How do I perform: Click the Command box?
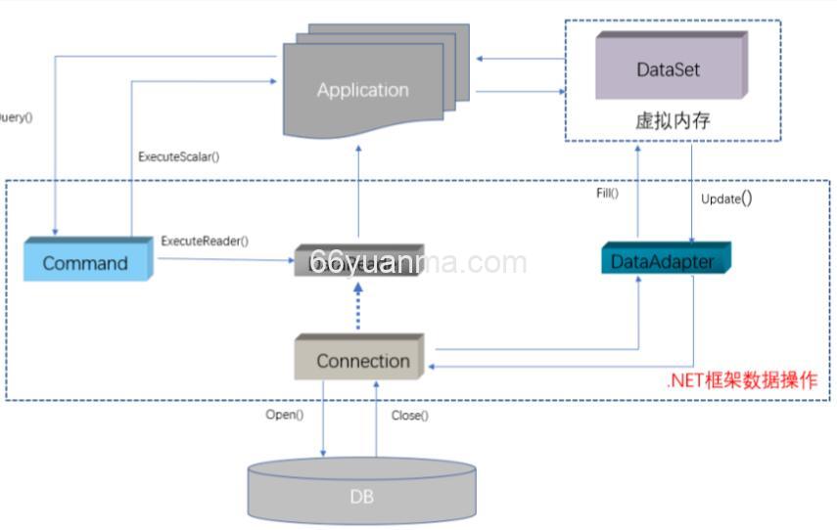click(86, 262)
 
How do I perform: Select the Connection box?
click(361, 360)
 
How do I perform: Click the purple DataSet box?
click(668, 69)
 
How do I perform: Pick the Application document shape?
click(362, 90)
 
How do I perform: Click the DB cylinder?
click(361, 496)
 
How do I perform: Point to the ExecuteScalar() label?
click(177, 155)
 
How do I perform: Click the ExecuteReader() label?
click(205, 241)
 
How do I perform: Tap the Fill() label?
click(608, 193)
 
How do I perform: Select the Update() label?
click(726, 199)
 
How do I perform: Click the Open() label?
click(285, 415)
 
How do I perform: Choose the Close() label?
click(409, 416)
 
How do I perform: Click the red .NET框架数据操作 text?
click(741, 380)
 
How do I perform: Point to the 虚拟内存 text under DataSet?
click(672, 122)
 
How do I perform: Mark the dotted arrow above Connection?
click(359, 306)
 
